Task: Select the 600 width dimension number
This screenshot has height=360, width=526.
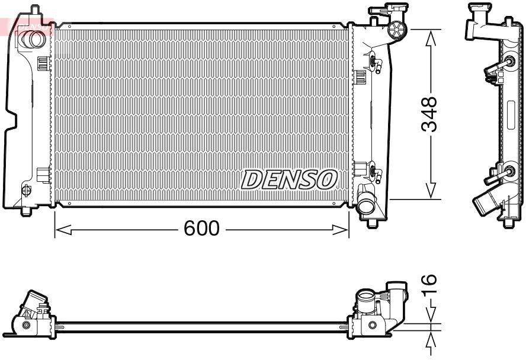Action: tap(201, 229)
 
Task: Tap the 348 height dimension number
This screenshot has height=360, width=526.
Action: tap(431, 114)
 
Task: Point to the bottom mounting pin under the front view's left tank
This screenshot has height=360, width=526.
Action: tap(25, 210)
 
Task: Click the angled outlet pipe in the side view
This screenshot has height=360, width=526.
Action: tap(483, 204)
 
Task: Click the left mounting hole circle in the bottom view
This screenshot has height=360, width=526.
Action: tap(26, 326)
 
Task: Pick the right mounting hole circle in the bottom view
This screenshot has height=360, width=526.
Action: tap(371, 325)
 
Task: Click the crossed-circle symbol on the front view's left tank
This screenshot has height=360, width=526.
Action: tap(26, 190)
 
